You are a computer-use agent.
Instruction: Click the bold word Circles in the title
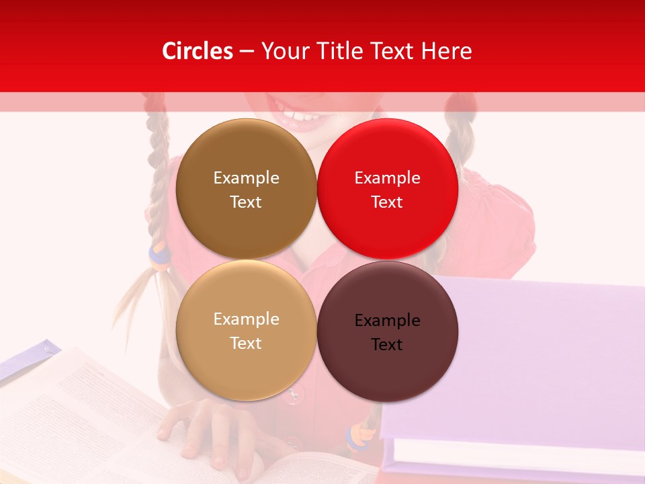198,51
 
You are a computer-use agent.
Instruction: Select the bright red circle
387,229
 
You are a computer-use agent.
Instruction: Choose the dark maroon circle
387,376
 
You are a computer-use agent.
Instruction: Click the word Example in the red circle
387,177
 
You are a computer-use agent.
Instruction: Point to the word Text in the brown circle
246,202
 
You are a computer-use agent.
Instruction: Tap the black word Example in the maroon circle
387,320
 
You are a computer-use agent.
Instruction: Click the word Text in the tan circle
246,343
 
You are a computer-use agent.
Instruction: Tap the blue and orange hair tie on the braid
158,256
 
